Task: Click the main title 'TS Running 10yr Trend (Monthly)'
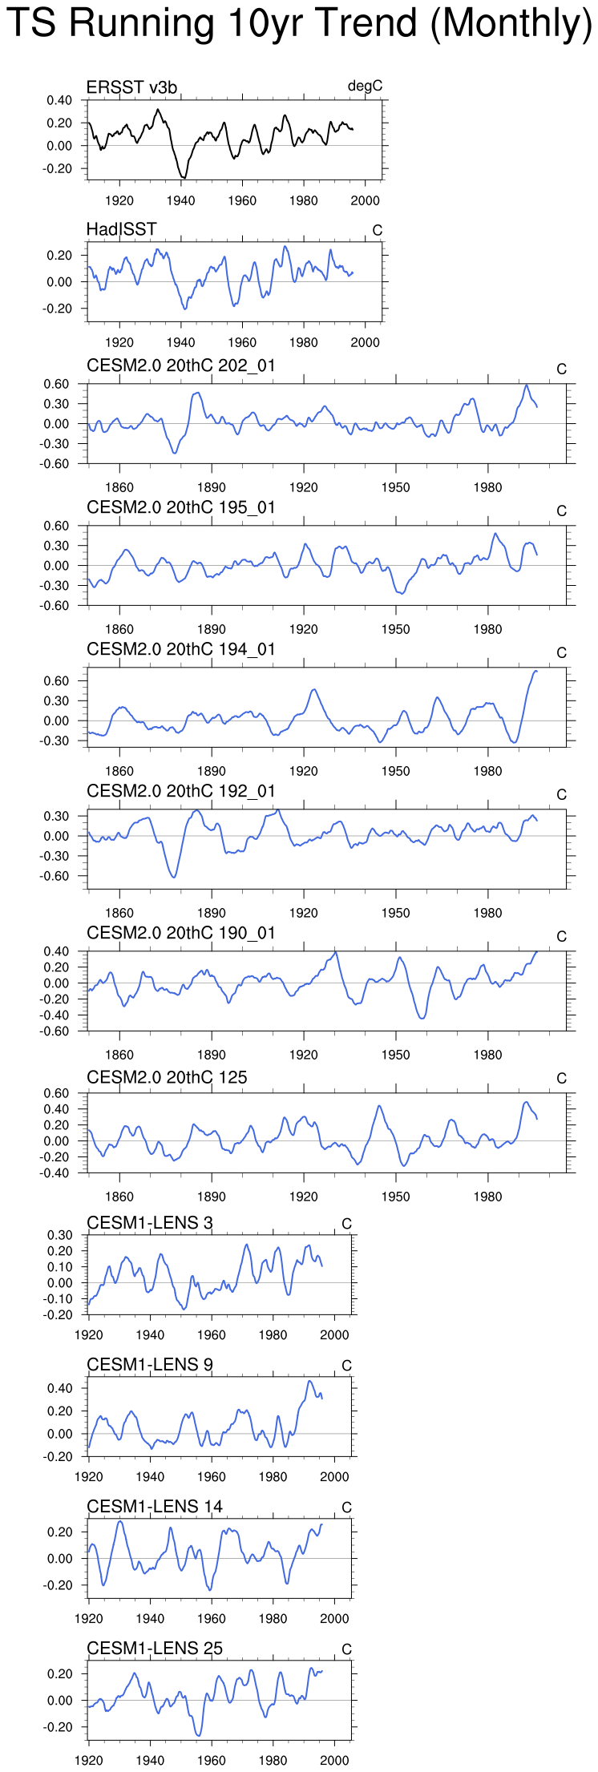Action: (299, 24)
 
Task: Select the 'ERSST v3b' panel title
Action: (131, 87)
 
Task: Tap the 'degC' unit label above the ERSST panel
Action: (365, 87)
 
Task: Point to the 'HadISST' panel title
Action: (121, 229)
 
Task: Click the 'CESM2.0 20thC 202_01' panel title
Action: (181, 365)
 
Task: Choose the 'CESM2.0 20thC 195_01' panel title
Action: (181, 507)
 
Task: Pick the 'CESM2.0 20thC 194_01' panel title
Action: (181, 649)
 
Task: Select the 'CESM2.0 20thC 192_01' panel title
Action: (181, 791)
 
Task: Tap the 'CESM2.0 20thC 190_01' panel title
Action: (181, 933)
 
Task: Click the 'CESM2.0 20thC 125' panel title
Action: (167, 1077)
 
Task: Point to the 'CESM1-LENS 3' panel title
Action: (150, 1223)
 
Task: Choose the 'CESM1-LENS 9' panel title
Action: (150, 1365)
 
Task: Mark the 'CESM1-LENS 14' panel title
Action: (155, 1507)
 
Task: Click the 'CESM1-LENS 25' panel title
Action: (155, 1649)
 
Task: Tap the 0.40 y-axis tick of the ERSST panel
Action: (59, 100)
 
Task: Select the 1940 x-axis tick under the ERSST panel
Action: (181, 200)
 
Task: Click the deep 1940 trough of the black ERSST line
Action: (184, 177)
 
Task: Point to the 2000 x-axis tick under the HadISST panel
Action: (366, 342)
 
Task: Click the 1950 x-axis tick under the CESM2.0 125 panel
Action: (395, 1197)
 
